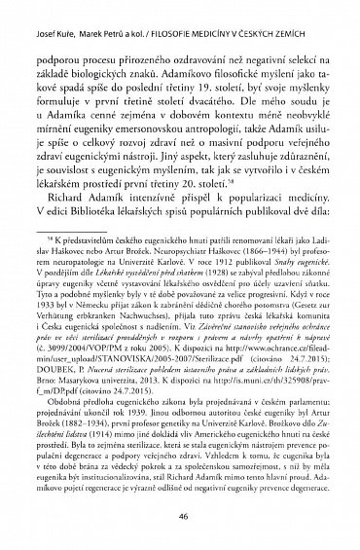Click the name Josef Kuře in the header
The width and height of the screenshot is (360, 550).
click(34, 9)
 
